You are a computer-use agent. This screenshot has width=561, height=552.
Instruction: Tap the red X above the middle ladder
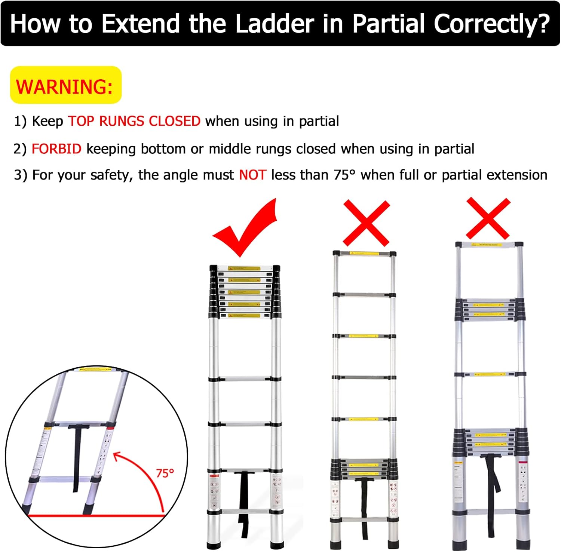(x=366, y=223)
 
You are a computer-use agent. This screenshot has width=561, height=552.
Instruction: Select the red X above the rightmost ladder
(x=488, y=219)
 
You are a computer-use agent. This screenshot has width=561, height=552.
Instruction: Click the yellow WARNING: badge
(x=65, y=86)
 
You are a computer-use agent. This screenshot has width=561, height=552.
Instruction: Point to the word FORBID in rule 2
(x=56, y=149)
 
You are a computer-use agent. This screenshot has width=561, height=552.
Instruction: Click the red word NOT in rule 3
(x=252, y=175)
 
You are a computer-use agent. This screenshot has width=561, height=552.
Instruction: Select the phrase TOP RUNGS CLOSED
(x=134, y=121)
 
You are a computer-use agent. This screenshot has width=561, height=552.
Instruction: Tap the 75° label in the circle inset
(x=165, y=473)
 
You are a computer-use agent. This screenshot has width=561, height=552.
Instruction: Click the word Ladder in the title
(x=275, y=24)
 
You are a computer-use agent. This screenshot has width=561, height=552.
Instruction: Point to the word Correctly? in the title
(x=491, y=24)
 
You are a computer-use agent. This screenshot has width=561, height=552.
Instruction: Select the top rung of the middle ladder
(x=364, y=254)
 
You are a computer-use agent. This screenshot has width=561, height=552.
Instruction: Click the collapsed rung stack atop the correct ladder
(x=244, y=292)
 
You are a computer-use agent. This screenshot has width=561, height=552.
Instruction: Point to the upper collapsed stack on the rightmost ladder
(x=490, y=309)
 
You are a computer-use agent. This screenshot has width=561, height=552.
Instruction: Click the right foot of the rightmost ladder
(x=522, y=544)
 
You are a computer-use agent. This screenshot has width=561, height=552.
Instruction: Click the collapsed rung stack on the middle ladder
(x=364, y=469)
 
